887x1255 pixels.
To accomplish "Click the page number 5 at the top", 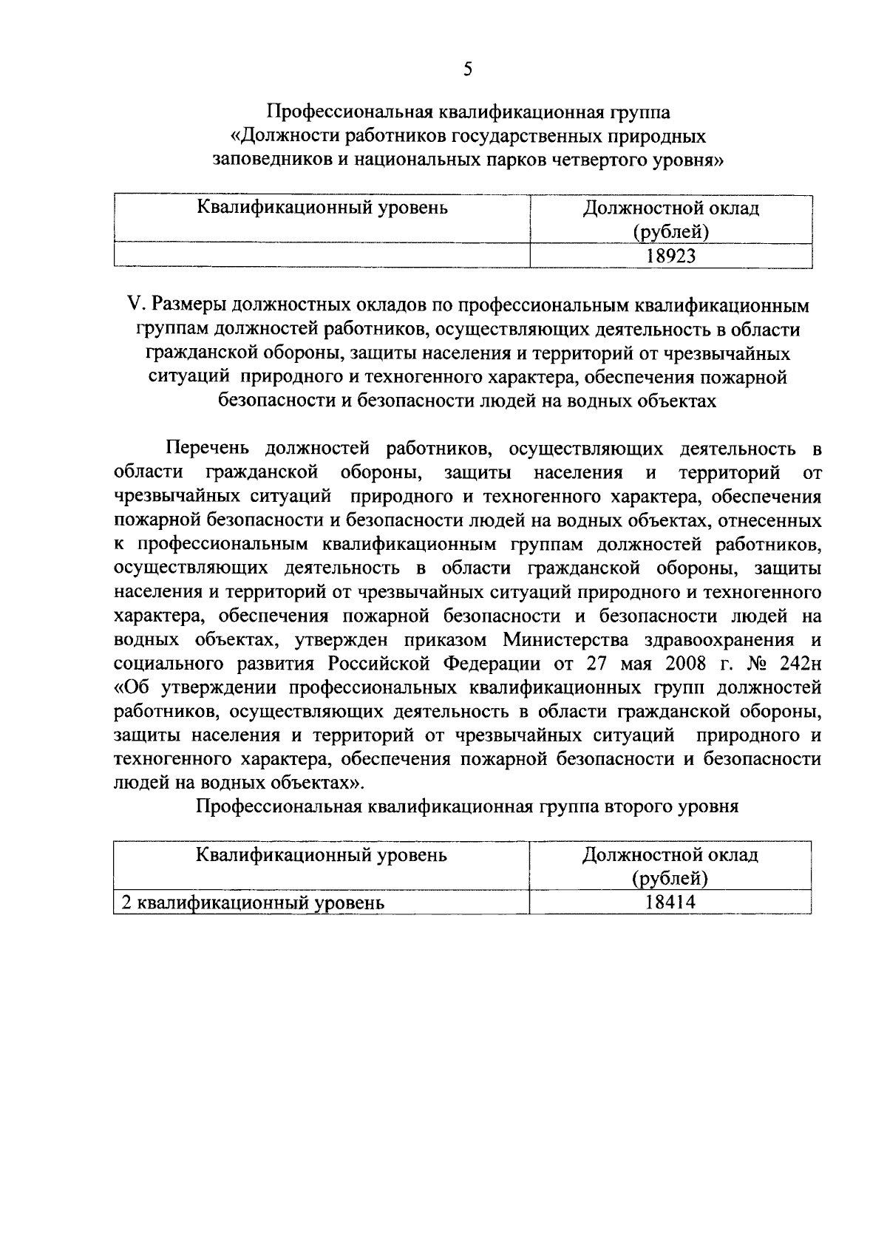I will point(466,69).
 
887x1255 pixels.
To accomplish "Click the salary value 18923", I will point(671,256).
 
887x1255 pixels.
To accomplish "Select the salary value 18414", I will point(670,902).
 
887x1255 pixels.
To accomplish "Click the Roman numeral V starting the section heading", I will point(134,305).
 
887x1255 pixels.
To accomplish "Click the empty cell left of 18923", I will point(322,256).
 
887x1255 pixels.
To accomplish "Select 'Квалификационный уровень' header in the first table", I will point(322,208).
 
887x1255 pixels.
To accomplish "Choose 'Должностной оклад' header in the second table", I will point(670,855).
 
